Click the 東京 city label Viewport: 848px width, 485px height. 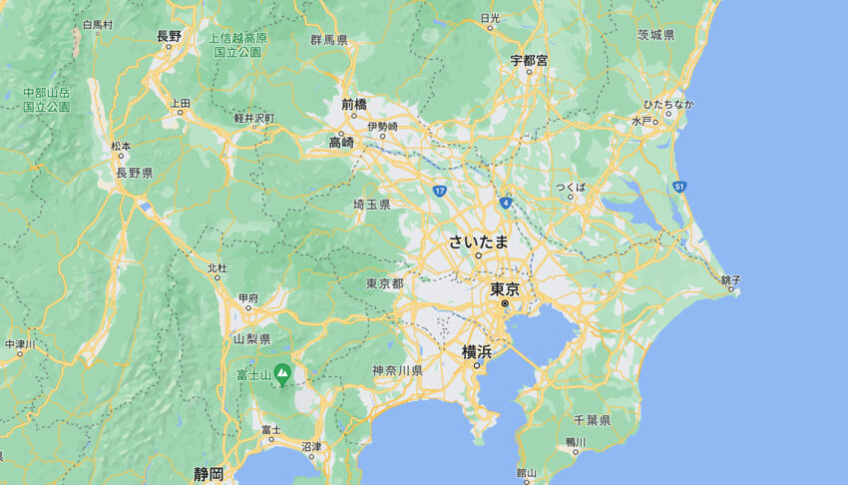tap(505, 289)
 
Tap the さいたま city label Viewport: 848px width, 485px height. tap(479, 241)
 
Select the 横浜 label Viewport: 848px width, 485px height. tap(476, 351)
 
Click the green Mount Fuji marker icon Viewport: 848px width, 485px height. tap(282, 375)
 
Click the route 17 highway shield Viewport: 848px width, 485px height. tap(439, 190)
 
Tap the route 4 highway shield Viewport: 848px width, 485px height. tap(507, 202)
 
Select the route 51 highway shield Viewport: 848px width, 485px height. tap(678, 187)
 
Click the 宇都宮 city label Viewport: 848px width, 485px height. tap(529, 60)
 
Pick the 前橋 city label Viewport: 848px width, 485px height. tap(353, 104)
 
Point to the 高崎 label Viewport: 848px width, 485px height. tap(341, 142)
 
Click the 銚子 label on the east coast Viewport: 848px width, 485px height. tap(729, 280)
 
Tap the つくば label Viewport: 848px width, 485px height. tap(571, 187)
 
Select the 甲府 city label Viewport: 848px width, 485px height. tap(247, 297)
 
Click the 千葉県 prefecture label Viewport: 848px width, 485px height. tap(593, 420)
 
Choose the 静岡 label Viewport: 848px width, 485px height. tap(209, 473)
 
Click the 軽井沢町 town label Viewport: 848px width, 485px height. tap(253, 117)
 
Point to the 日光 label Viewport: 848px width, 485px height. tap(489, 18)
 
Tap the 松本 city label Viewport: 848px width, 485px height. tap(121, 146)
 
